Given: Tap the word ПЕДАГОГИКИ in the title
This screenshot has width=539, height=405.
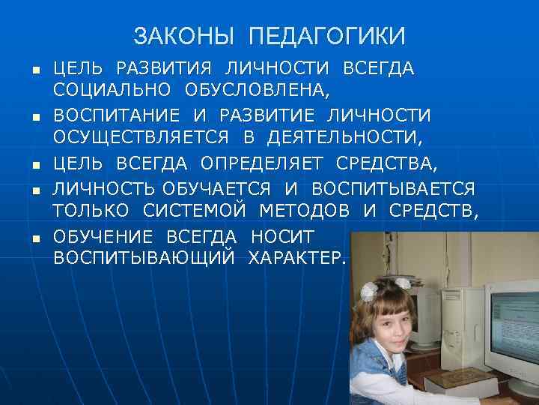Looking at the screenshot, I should [x=326, y=35].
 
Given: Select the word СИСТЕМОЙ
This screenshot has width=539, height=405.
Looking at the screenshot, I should [x=201, y=211].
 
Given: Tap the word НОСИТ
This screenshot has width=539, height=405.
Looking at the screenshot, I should [x=284, y=237].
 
